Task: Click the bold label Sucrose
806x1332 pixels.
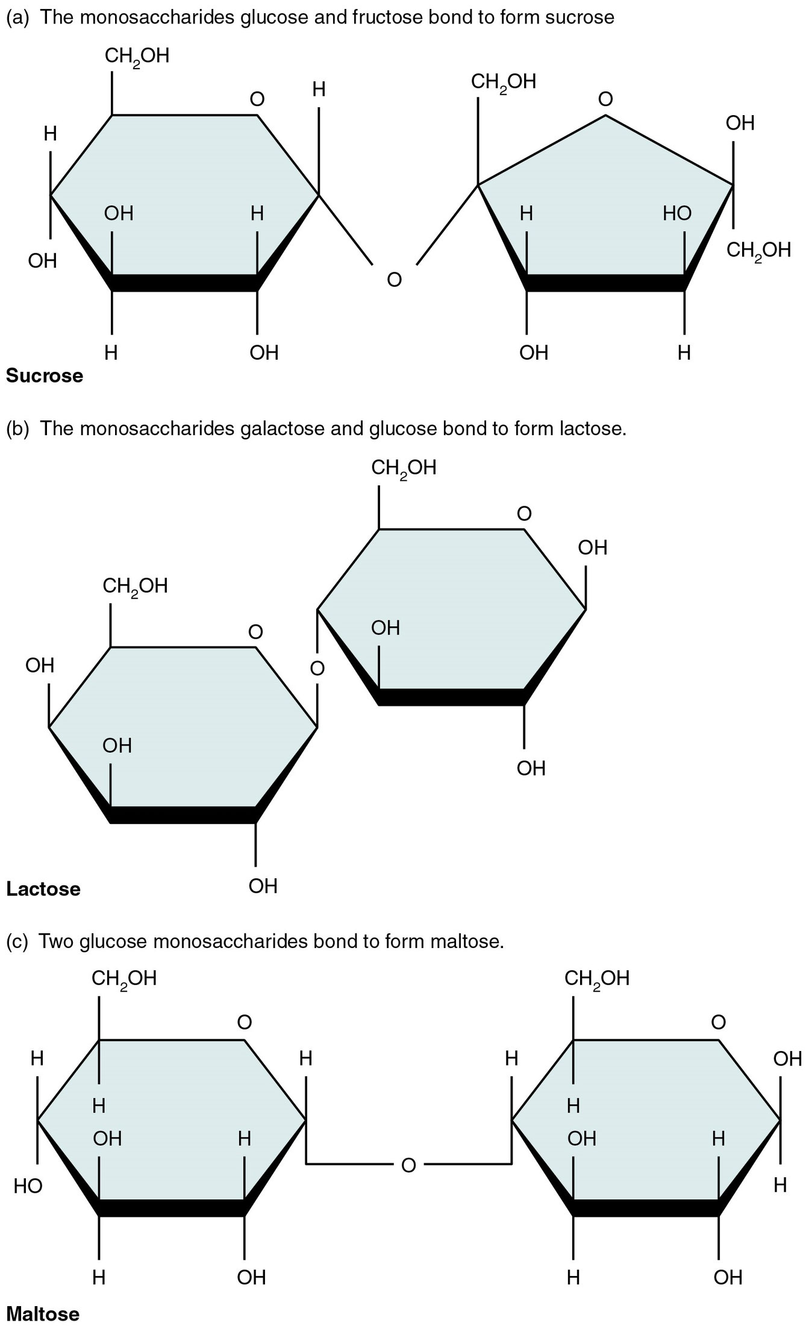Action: click(x=45, y=375)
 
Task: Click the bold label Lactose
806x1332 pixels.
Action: click(x=43, y=889)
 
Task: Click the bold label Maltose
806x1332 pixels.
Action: click(x=43, y=1314)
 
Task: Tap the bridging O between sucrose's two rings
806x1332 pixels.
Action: click(x=394, y=280)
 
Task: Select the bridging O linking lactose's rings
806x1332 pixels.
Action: click(x=317, y=668)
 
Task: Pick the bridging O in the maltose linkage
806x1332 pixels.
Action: click(x=408, y=1166)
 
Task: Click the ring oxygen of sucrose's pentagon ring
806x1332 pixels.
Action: click(x=605, y=99)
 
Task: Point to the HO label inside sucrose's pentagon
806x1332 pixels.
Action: click(x=677, y=213)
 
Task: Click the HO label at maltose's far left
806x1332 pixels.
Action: click(x=28, y=1186)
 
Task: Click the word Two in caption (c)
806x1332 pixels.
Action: click(x=55, y=941)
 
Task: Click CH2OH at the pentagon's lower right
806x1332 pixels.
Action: click(x=758, y=250)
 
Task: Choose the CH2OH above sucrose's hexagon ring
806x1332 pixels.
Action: click(x=137, y=57)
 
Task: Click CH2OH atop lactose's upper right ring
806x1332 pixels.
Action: click(x=404, y=468)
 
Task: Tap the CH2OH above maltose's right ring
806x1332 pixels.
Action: click(x=596, y=978)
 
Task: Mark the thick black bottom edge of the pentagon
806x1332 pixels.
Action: click(x=605, y=283)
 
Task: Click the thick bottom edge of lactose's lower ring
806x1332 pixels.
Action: click(x=183, y=815)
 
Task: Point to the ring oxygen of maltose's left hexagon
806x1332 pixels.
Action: click(x=244, y=1022)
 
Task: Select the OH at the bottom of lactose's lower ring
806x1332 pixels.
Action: click(x=263, y=886)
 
